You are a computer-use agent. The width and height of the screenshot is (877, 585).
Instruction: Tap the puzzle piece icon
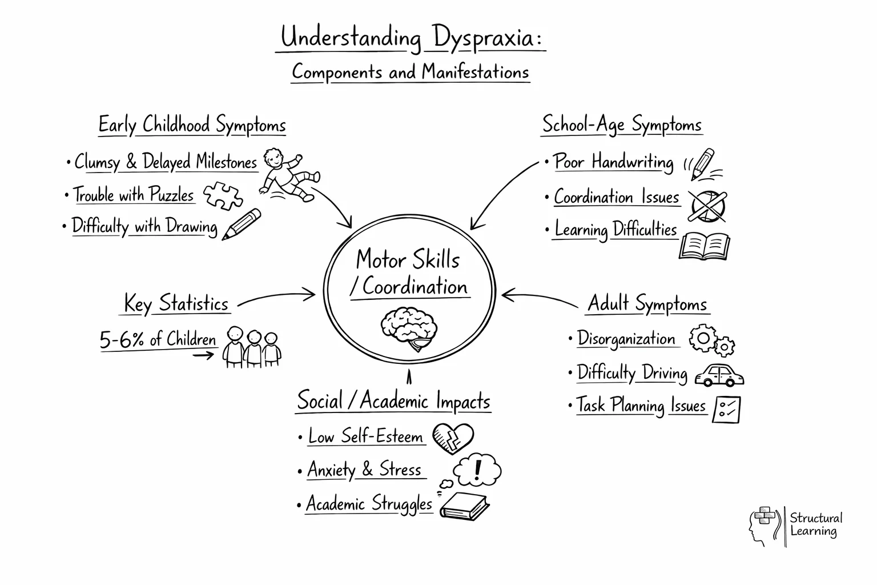coord(223,195)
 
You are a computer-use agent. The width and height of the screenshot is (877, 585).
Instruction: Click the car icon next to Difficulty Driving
coord(719,375)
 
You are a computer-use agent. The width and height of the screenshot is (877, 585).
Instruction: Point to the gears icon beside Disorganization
coord(711,340)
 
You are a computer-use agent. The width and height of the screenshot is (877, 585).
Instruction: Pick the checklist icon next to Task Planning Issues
coord(726,409)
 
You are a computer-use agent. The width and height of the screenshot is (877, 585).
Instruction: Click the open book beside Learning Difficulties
coord(705,246)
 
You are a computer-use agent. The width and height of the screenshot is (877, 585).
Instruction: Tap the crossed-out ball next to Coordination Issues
coord(707,205)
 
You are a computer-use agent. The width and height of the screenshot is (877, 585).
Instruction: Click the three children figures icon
coord(252,346)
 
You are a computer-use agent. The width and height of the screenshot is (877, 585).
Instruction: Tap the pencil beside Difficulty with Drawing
coord(242,224)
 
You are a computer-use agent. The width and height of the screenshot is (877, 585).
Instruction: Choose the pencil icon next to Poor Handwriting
coord(702,163)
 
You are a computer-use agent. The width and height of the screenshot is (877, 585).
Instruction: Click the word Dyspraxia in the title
coord(485,38)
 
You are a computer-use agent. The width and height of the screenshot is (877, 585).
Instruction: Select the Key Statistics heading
coord(176,303)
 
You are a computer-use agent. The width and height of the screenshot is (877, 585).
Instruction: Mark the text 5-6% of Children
coord(158,340)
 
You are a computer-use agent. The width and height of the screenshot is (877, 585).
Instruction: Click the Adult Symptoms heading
coord(647,303)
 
